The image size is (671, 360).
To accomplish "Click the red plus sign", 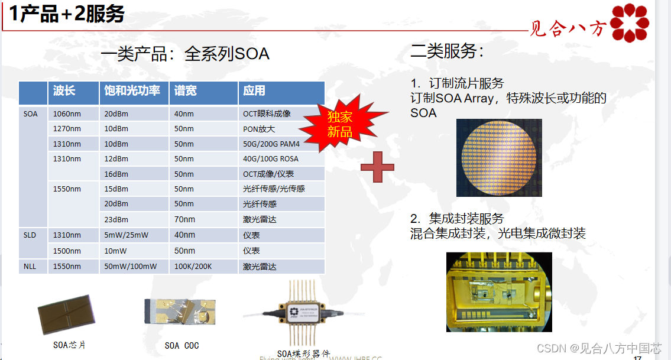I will (x=377, y=167).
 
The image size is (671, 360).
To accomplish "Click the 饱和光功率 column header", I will (x=132, y=91).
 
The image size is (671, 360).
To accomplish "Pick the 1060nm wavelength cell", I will (x=67, y=113).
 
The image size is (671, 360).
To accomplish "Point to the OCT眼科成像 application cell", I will (x=267, y=113).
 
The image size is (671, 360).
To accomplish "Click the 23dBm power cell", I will (x=116, y=219).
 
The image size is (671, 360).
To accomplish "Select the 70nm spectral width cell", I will (x=184, y=219).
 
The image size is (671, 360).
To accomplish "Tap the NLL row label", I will (x=30, y=267).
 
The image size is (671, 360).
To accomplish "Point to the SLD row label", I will (x=30, y=235).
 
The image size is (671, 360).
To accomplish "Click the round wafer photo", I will (x=498, y=157).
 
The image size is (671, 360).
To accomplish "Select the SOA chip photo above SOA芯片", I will (x=66, y=314).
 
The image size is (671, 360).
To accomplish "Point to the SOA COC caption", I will (x=181, y=345).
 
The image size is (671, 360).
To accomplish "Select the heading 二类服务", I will (x=447, y=51).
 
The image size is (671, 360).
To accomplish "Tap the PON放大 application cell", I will (x=259, y=129).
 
